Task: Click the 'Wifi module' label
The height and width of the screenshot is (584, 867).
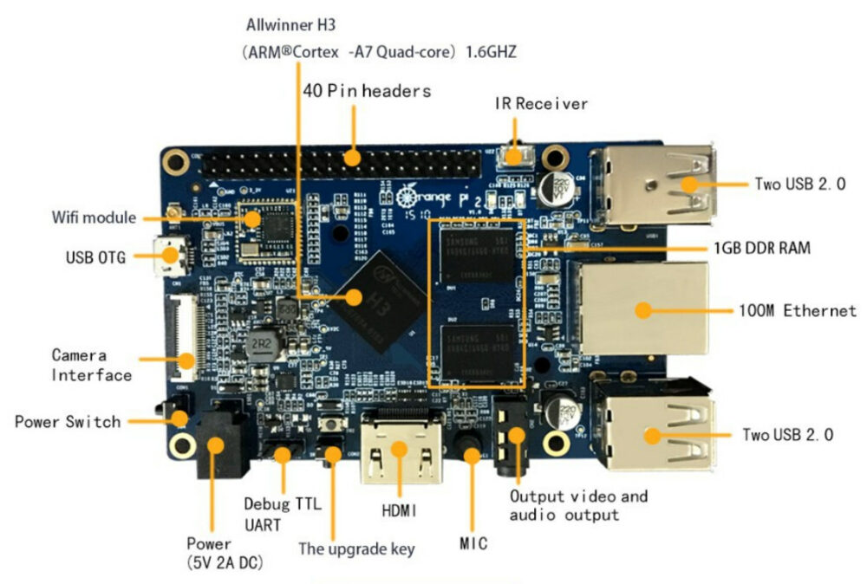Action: click(93, 217)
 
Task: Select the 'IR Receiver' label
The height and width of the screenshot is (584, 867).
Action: click(541, 104)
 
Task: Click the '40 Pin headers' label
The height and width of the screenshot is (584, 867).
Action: click(367, 90)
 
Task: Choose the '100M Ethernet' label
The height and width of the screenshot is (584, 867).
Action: click(797, 310)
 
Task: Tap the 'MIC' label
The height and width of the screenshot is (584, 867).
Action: click(473, 544)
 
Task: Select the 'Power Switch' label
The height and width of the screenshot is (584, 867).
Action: click(68, 422)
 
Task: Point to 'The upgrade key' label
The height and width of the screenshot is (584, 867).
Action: click(356, 548)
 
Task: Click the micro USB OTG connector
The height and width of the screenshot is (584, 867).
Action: click(166, 254)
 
